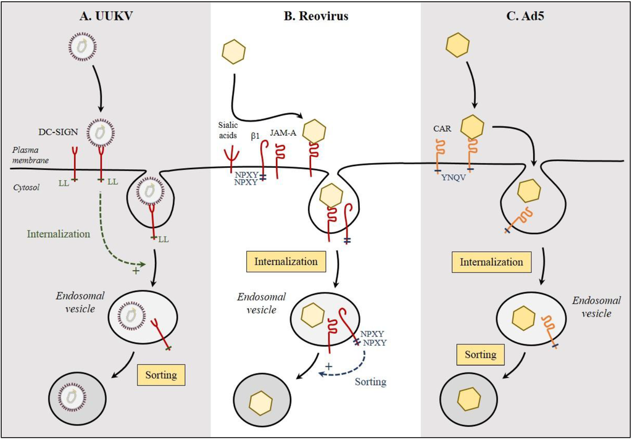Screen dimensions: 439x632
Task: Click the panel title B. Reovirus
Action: pyautogui.click(x=315, y=17)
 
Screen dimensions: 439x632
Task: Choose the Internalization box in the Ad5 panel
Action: pyautogui.click(x=491, y=262)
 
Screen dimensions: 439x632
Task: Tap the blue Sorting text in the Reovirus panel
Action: pyautogui.click(x=370, y=382)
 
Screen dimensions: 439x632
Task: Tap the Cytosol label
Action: pyautogui.click(x=25, y=186)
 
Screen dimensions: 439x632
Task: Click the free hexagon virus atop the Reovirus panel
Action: pyautogui.click(x=234, y=52)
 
